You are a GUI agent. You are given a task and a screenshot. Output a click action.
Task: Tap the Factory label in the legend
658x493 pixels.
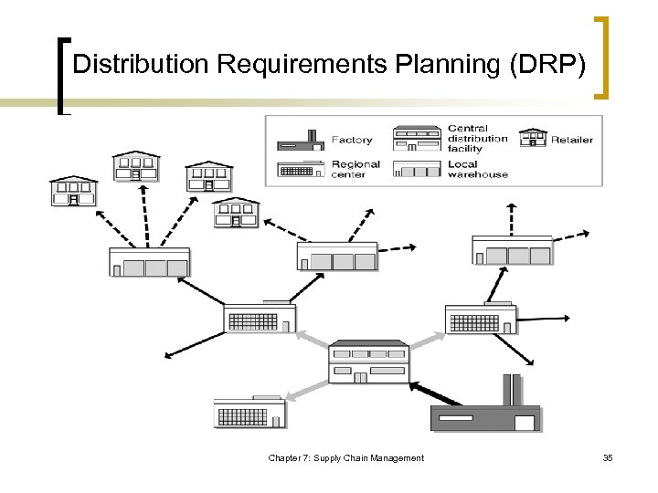[352, 140]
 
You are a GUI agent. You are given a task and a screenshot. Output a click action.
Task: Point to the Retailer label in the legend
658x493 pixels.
[571, 140]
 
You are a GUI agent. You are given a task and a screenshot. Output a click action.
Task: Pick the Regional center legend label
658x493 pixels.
[356, 169]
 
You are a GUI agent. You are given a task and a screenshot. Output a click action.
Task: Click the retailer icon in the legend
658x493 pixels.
[533, 137]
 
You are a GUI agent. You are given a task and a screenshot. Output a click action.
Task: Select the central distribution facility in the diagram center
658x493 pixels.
[368, 362]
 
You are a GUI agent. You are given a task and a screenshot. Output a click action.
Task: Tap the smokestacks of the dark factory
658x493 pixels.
[511, 388]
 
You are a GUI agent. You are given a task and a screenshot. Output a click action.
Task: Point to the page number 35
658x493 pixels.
[608, 457]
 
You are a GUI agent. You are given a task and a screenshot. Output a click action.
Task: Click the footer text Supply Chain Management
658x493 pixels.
[369, 457]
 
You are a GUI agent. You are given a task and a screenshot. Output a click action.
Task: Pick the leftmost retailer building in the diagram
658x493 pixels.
[73, 191]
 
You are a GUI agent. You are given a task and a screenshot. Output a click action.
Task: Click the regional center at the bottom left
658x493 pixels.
[249, 413]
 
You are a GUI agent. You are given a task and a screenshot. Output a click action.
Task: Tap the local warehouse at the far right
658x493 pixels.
[512, 249]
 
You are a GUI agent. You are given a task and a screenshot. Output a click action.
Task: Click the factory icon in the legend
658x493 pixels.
[301, 139]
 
